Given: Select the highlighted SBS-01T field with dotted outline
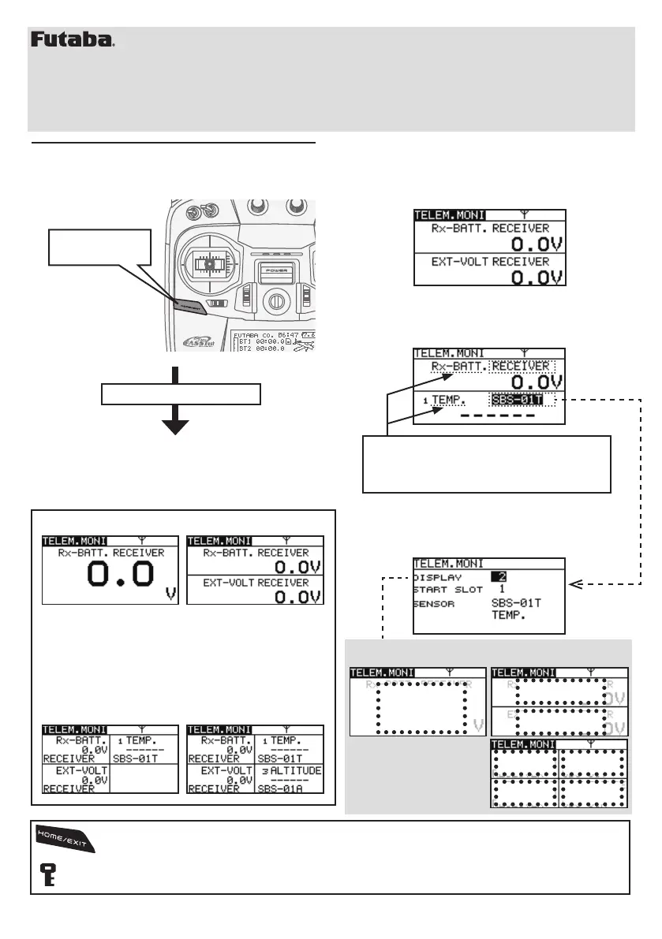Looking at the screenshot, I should tap(521, 400).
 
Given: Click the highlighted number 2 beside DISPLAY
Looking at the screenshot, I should tap(498, 577).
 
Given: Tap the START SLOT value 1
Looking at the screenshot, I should tap(502, 589).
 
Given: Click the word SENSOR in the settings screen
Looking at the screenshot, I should tap(434, 602).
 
